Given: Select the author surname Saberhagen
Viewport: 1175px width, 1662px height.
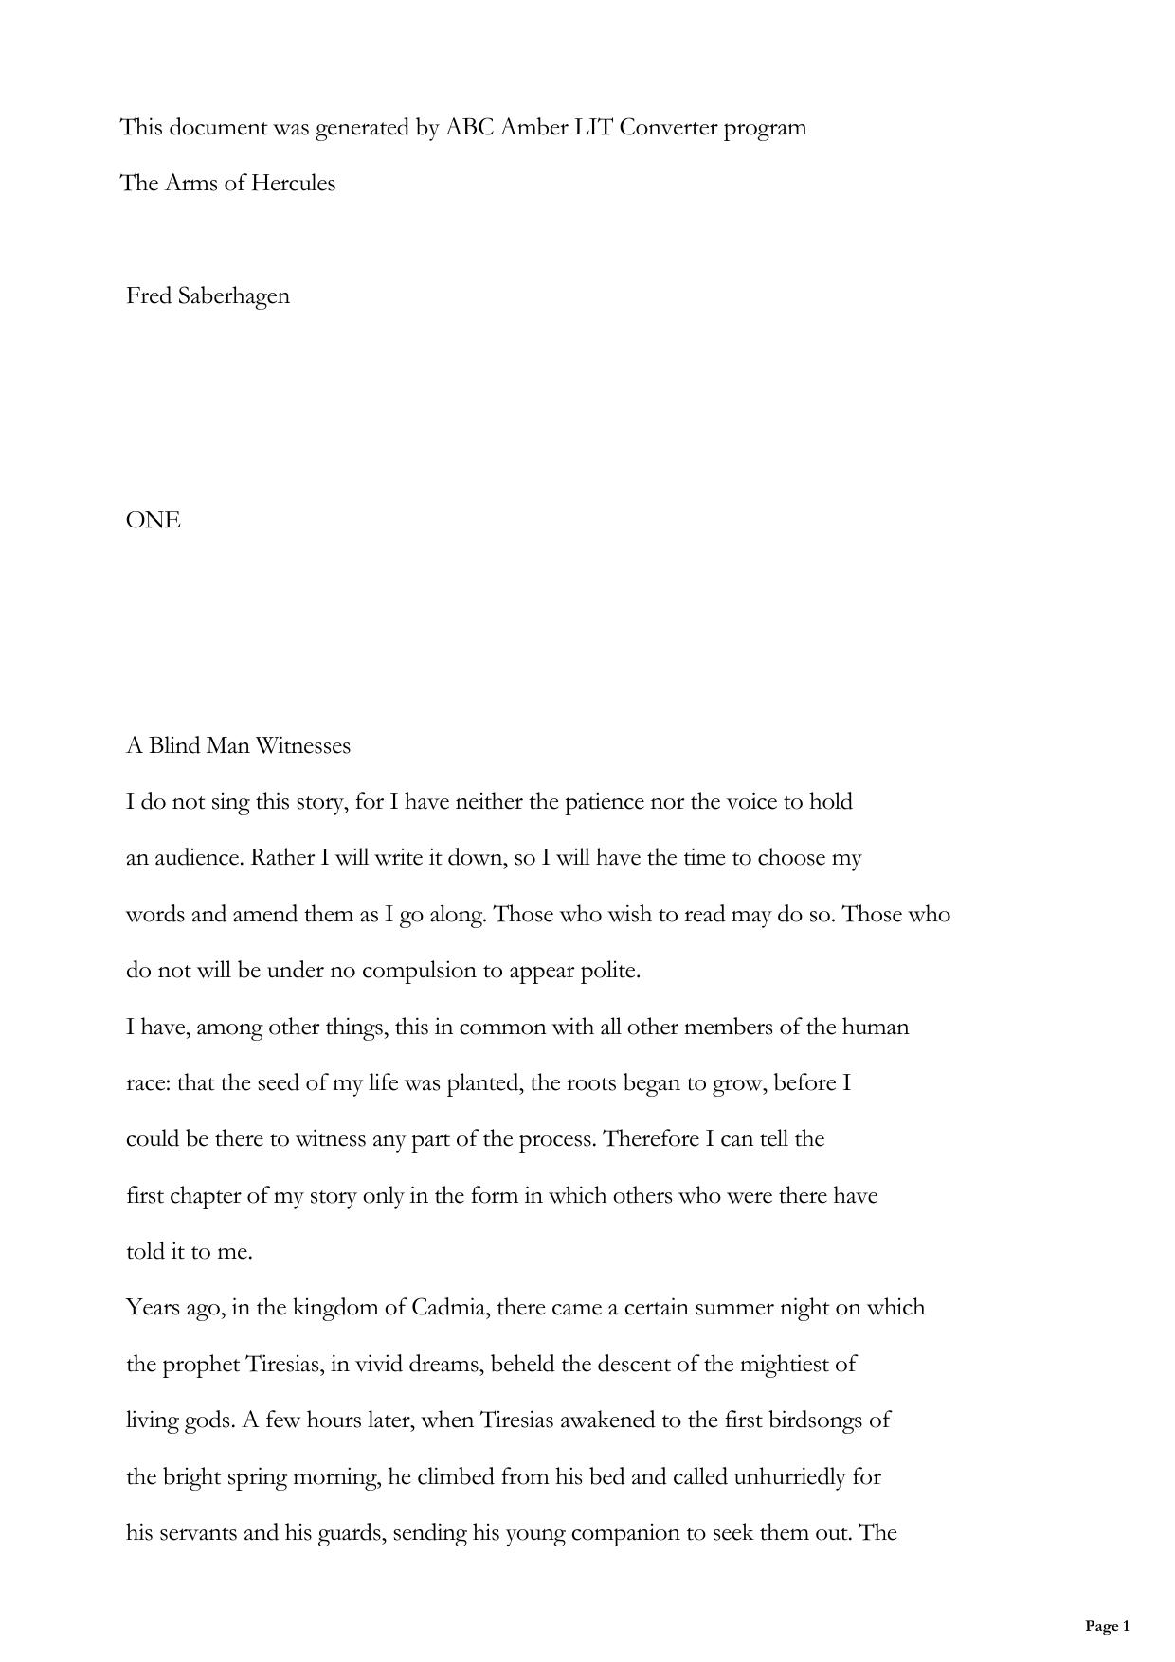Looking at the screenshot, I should (233, 296).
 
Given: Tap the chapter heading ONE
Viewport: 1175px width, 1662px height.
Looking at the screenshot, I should (153, 520).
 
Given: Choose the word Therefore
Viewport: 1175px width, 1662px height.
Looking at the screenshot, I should (651, 1138).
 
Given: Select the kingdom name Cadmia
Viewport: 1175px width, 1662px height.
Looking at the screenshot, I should (449, 1308).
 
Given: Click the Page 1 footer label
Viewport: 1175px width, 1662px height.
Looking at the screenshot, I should (1107, 1626).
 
